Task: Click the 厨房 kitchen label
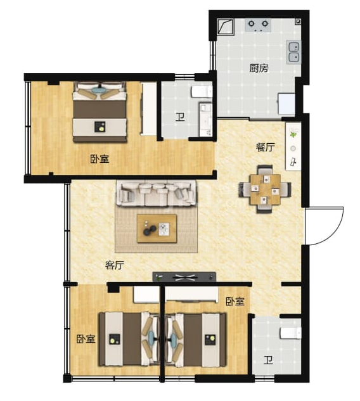pyautogui.click(x=259, y=68)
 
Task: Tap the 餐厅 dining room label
pyautogui.click(x=266, y=147)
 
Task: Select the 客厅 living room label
pyautogui.click(x=114, y=265)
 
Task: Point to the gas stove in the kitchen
pyautogui.click(x=258, y=25)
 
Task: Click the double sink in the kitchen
pyautogui.click(x=293, y=52)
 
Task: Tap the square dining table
pyautogui.click(x=266, y=189)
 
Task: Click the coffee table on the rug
pyautogui.click(x=157, y=229)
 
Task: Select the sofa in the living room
pyautogui.click(x=157, y=193)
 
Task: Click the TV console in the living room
pyautogui.click(x=184, y=277)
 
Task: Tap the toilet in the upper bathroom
pyautogui.click(x=202, y=92)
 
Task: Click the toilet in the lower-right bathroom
pyautogui.click(x=291, y=333)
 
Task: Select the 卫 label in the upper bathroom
pyautogui.click(x=180, y=117)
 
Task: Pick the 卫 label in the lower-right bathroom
pyautogui.click(x=268, y=360)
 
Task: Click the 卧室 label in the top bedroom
pyautogui.click(x=100, y=159)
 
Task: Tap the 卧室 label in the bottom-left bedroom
pyautogui.click(x=86, y=339)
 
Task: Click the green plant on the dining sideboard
pyautogui.click(x=293, y=134)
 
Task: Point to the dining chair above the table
pyautogui.click(x=265, y=170)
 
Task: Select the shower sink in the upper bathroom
pyautogui.click(x=205, y=120)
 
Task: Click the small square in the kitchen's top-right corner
pyautogui.click(x=298, y=22)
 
